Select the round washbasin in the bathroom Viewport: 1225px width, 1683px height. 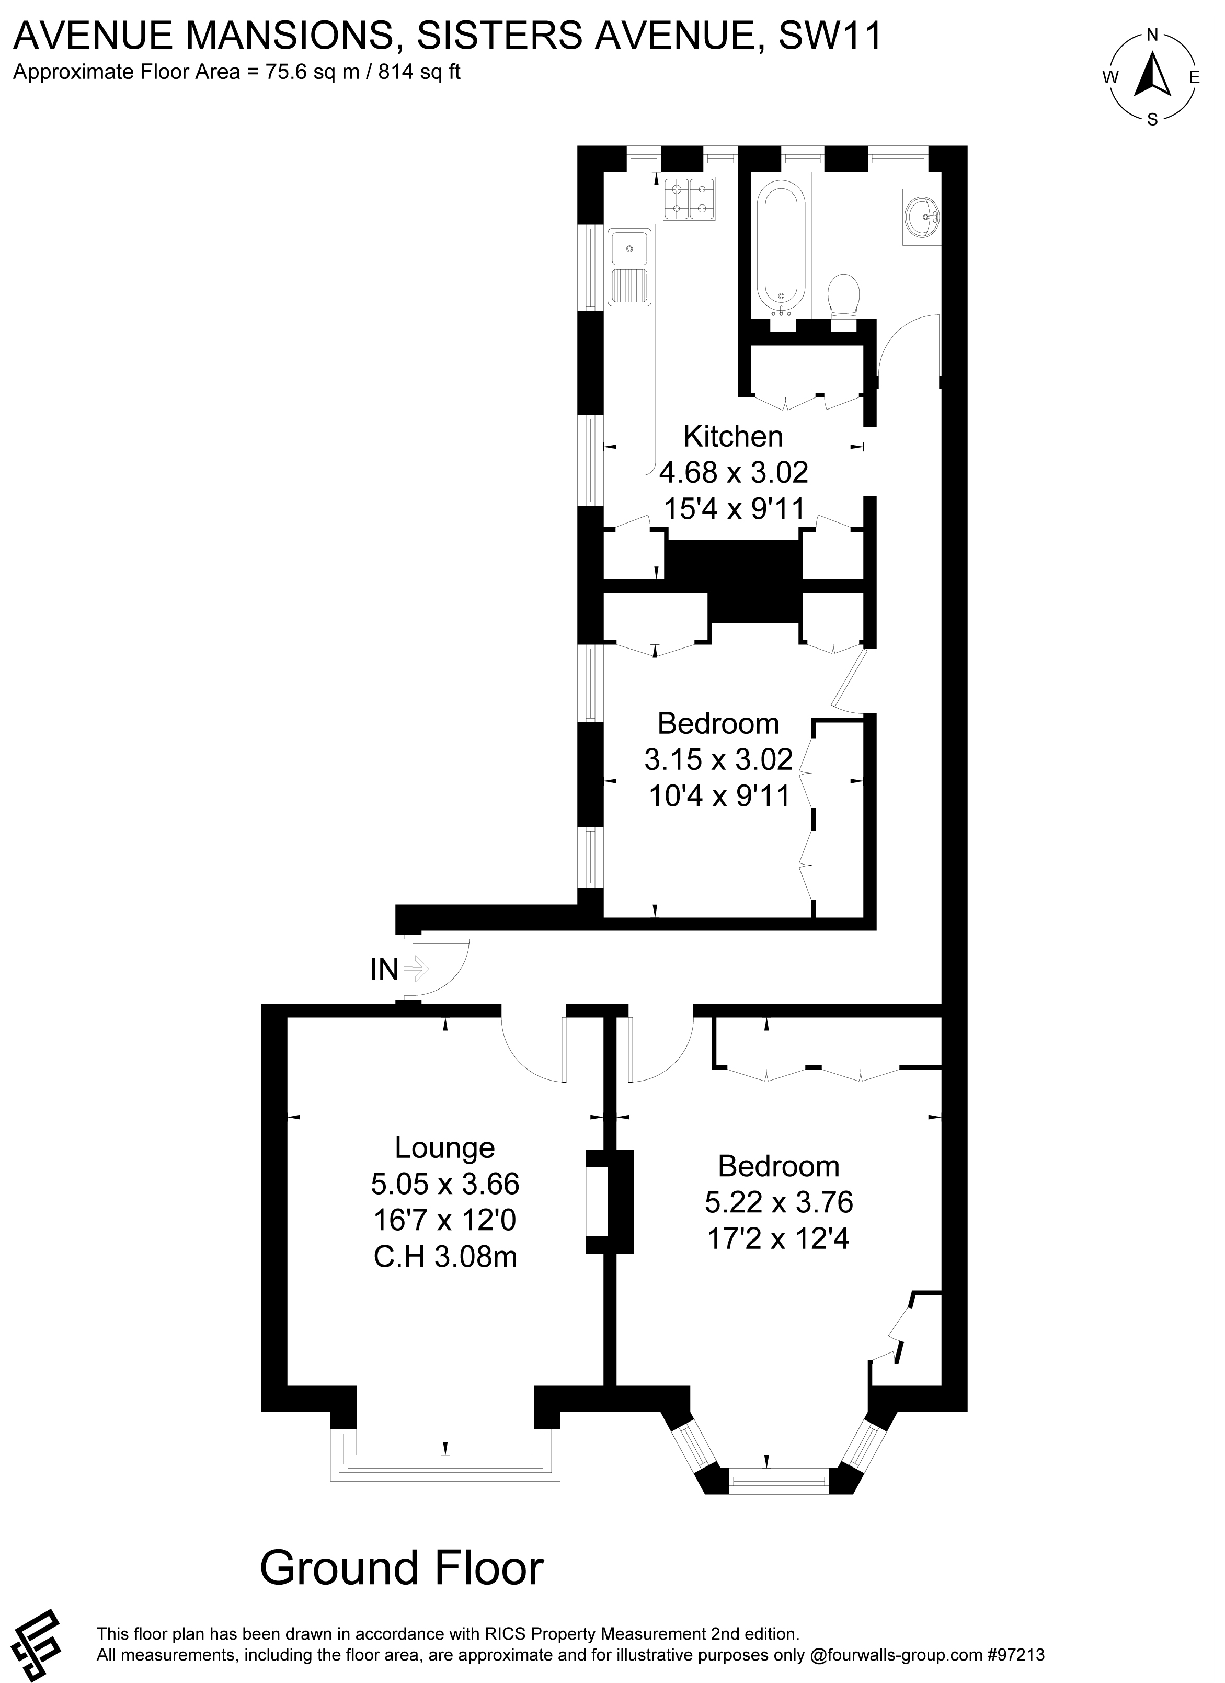[923, 217]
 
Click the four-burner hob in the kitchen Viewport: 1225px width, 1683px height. [689, 199]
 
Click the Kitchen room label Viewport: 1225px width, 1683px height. [733, 436]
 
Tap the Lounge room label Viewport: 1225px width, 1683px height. [444, 1147]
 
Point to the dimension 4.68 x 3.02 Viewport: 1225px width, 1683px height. [734, 472]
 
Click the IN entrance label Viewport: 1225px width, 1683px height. [384, 970]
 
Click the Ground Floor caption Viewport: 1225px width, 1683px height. [402, 1527]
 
